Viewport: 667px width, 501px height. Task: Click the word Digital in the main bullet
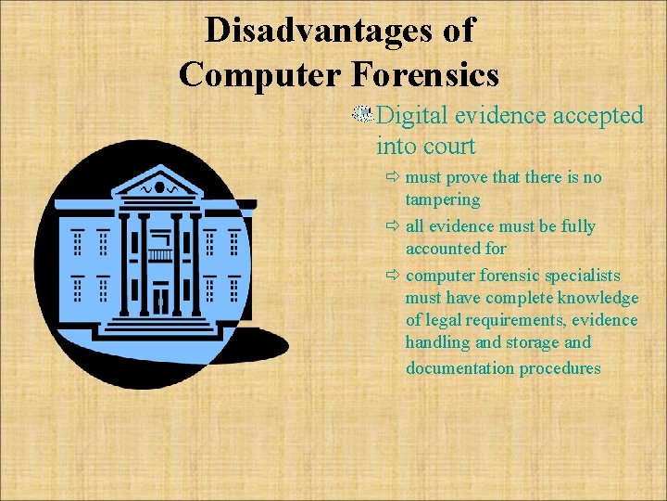click(x=412, y=116)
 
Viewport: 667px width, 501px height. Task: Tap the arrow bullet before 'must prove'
click(x=394, y=177)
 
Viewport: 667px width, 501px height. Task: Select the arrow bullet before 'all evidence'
click(x=394, y=226)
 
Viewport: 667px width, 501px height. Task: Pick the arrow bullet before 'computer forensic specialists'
click(x=394, y=276)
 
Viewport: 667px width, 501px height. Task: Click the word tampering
click(x=443, y=200)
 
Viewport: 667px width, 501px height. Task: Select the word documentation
click(x=459, y=368)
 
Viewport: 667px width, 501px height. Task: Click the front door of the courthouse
click(x=160, y=300)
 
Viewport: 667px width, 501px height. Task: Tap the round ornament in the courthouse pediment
click(x=158, y=187)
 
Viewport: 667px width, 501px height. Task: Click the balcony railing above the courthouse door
click(x=160, y=254)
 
